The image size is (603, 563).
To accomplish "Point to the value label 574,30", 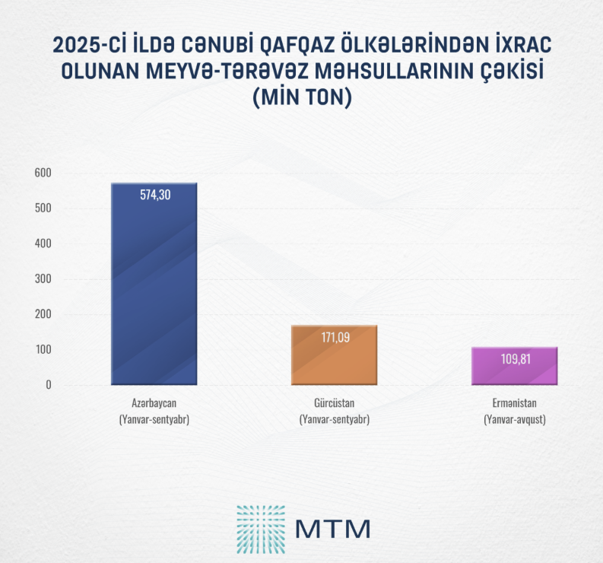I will pos(154,195).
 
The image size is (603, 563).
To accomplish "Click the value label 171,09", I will pos(335,337).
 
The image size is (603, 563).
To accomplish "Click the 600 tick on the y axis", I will pos(43,173).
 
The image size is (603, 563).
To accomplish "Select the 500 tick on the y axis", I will pos(43,208).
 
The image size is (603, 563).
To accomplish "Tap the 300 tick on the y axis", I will pos(43,278).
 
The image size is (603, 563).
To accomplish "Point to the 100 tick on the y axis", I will pos(43,349).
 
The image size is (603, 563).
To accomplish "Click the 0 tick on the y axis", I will pos(48,384).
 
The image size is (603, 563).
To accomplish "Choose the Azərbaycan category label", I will pos(154,404).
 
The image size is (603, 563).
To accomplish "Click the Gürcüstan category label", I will pos(335,404).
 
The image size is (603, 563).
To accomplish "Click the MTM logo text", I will pos(332,527).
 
